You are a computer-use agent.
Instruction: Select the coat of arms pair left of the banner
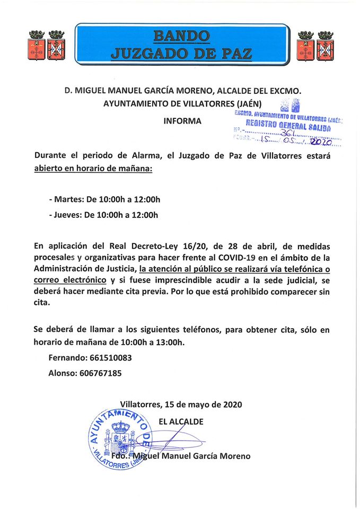46,46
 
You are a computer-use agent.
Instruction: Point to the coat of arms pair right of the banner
315,46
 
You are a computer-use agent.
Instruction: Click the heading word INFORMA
182,121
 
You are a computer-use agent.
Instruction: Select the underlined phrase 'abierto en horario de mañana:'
93,169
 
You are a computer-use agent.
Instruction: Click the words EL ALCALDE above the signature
181,422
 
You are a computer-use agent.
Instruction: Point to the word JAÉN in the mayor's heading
248,104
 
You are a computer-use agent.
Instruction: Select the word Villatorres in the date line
140,405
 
